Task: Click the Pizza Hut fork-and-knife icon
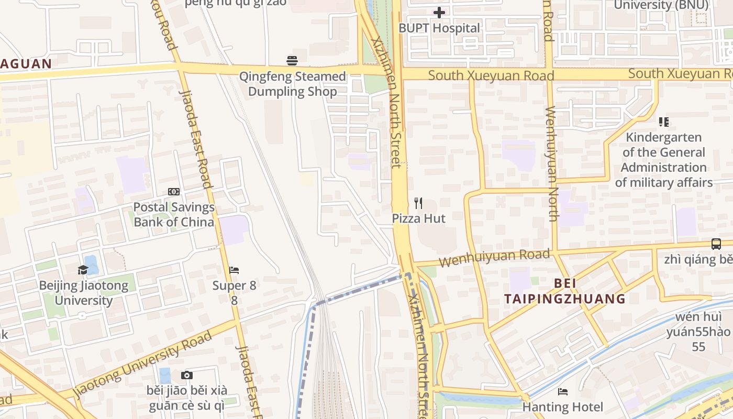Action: point(418,203)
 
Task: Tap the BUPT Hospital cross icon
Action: point(439,12)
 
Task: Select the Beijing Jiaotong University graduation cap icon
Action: point(83,270)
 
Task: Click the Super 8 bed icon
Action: point(234,270)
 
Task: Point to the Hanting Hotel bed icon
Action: point(563,391)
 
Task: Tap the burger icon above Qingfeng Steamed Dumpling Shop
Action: point(292,61)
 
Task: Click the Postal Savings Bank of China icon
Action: point(174,192)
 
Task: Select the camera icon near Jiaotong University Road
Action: point(187,375)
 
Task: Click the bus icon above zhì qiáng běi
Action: point(716,244)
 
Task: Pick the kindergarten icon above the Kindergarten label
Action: point(664,122)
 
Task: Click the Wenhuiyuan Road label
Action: point(494,257)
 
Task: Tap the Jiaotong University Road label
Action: point(142,363)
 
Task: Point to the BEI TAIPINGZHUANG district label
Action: point(565,291)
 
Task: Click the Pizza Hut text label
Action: point(419,218)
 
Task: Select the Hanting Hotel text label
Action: point(563,407)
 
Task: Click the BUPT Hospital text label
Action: point(439,28)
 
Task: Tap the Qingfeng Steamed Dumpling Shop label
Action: point(292,84)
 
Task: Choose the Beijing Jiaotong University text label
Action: point(84,293)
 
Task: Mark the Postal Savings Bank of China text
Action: point(174,214)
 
